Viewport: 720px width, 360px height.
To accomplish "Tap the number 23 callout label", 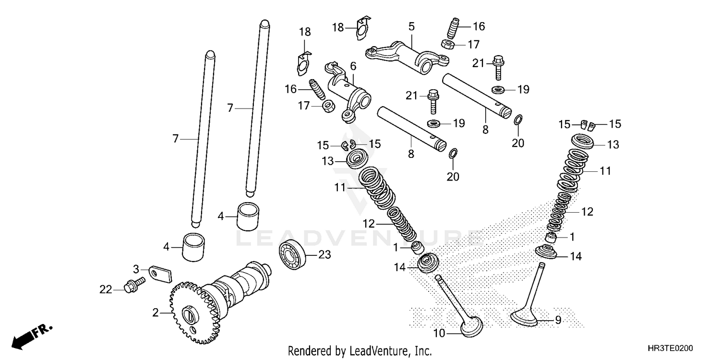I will pyautogui.click(x=324, y=255).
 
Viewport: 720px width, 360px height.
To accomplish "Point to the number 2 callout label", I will pyautogui.click(x=155, y=313).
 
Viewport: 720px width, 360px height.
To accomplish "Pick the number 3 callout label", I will pyautogui.click(x=136, y=268).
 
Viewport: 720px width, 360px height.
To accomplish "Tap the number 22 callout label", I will pyautogui.click(x=106, y=289).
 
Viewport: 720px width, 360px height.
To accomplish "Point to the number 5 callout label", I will pyautogui.click(x=411, y=26).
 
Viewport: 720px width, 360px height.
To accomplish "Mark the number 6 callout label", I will pyautogui.click(x=353, y=66).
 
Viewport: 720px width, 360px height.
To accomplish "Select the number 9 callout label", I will pyautogui.click(x=558, y=320).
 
